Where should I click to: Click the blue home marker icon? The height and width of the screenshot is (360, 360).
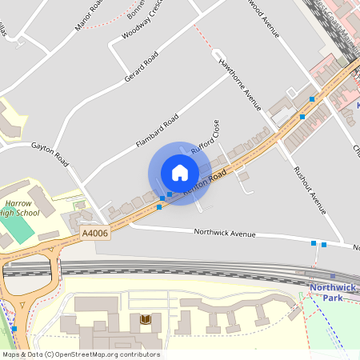180,173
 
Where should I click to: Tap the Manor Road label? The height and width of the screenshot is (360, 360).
90,15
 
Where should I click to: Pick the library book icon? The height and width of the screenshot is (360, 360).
146,319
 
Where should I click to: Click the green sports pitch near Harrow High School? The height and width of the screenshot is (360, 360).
17,230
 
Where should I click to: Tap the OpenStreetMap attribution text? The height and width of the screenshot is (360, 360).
80,354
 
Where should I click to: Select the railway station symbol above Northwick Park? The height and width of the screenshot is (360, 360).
333,276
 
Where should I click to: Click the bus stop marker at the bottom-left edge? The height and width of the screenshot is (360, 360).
14,328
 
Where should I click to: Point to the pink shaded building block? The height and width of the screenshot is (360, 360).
328,68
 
